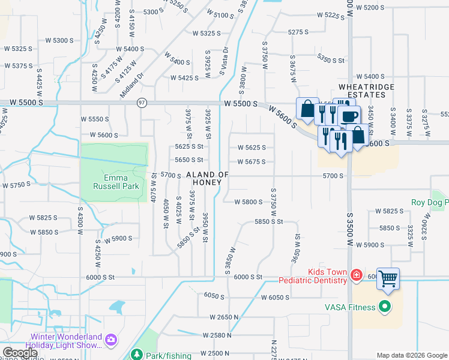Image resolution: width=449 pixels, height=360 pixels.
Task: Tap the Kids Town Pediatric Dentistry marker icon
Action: [357, 275]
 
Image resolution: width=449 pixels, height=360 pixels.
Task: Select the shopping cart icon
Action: [388, 278]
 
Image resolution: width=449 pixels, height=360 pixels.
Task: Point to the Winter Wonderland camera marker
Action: [110, 340]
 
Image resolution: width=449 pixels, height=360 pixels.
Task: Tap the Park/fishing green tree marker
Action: [136, 355]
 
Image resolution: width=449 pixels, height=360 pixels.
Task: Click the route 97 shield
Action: [142, 103]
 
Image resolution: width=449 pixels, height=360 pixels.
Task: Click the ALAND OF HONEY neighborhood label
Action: [208, 178]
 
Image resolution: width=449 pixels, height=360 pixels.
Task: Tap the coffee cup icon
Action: [349, 116]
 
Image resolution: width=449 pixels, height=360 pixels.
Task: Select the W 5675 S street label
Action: [251, 162]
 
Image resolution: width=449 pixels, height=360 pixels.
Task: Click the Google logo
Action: [19, 353]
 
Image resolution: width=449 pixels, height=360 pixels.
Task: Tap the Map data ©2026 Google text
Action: [412, 355]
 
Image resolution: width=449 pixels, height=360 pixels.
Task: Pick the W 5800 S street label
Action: [249, 202]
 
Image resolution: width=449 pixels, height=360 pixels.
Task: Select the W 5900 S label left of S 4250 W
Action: [118, 239]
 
